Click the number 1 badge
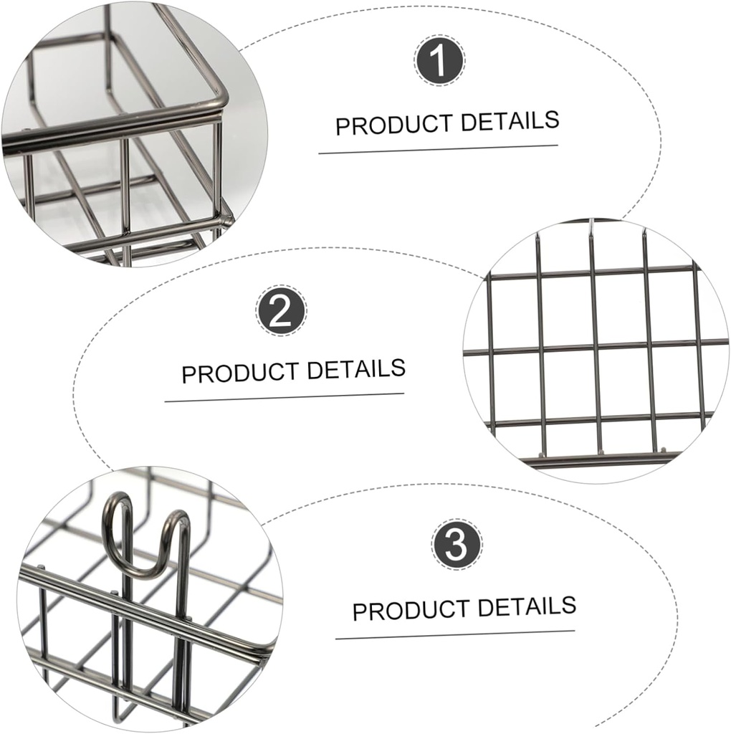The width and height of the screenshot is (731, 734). click(439, 61)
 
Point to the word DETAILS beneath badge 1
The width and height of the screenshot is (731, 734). click(510, 120)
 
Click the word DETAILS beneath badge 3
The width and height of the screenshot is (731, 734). click(527, 606)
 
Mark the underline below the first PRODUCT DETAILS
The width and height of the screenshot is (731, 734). click(438, 149)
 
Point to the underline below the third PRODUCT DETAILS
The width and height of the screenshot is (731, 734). click(455, 634)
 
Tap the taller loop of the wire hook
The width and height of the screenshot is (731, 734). click(118, 509)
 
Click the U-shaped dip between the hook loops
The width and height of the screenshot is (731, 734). click(148, 570)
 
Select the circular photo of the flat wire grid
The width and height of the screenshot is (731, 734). click(595, 351)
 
